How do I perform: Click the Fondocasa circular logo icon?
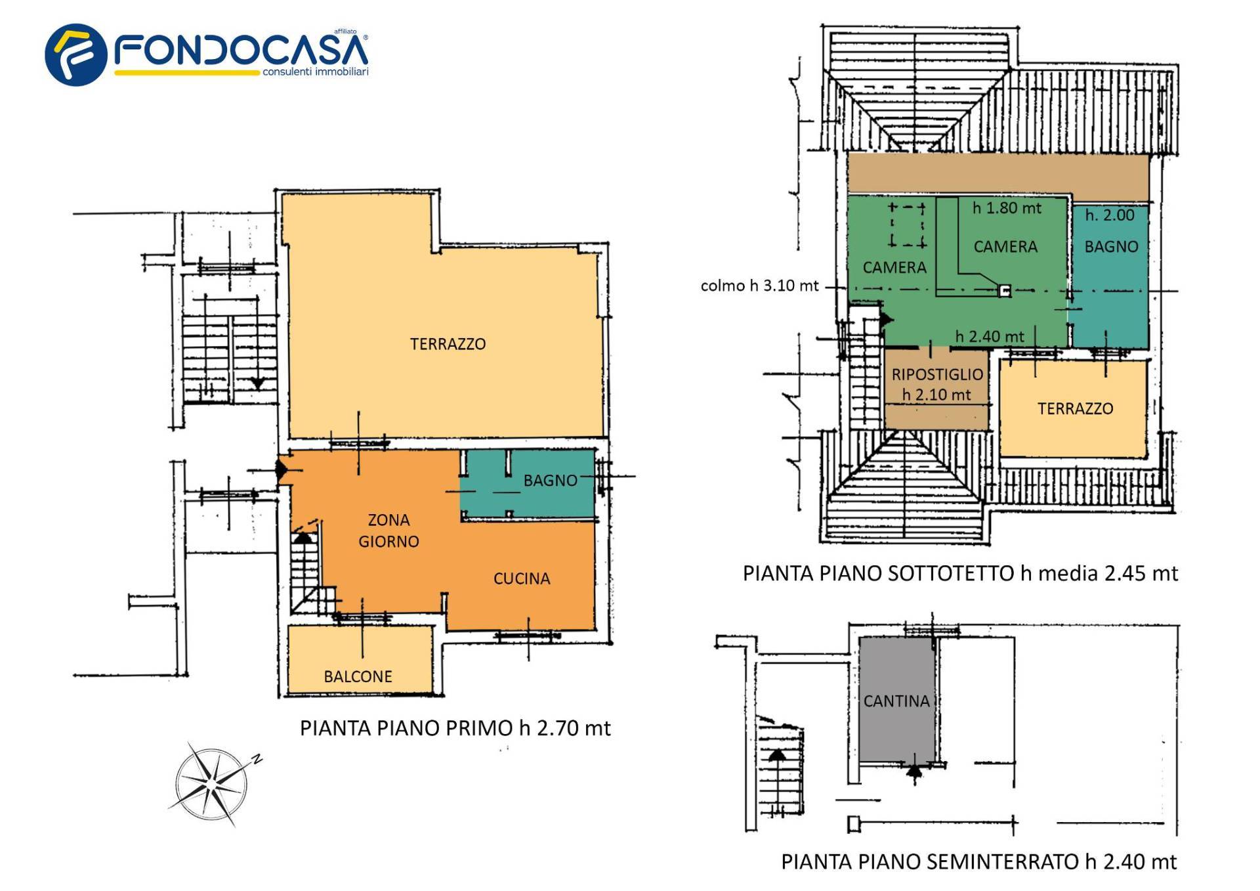click(x=75, y=54)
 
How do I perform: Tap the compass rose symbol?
click(x=211, y=783)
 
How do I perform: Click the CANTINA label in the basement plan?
click(x=896, y=701)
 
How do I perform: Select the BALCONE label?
click(x=358, y=676)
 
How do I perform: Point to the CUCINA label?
click(x=522, y=578)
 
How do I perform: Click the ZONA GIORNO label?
click(x=388, y=531)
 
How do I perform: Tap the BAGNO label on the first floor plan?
click(x=550, y=481)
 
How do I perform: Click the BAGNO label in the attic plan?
click(x=1111, y=247)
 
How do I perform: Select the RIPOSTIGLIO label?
click(x=937, y=375)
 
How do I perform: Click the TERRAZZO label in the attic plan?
click(x=1075, y=409)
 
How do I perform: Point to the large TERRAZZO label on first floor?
click(x=448, y=344)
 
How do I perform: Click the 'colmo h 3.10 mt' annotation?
click(x=759, y=286)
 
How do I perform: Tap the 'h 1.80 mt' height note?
click(x=1007, y=208)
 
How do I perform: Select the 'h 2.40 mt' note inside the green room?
click(x=989, y=337)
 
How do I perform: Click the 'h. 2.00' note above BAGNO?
click(x=1109, y=215)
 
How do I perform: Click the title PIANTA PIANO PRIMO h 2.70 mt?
click(x=455, y=728)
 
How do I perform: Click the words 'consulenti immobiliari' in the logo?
click(x=315, y=72)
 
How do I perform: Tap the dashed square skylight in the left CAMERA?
click(x=907, y=225)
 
